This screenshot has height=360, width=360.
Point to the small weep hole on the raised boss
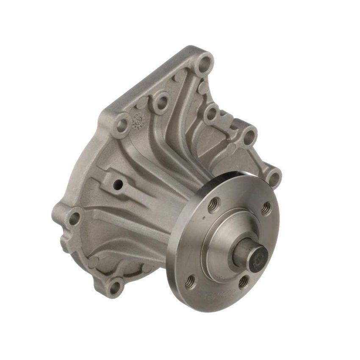[120, 185]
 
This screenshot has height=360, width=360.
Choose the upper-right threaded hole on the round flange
[266, 208]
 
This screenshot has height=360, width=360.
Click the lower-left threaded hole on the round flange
[191, 281]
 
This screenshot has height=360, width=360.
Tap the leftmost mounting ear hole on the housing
[75, 219]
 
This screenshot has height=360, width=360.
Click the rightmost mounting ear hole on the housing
[274, 178]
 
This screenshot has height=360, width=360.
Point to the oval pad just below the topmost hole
[204, 87]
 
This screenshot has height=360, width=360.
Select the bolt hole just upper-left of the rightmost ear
[249, 136]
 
